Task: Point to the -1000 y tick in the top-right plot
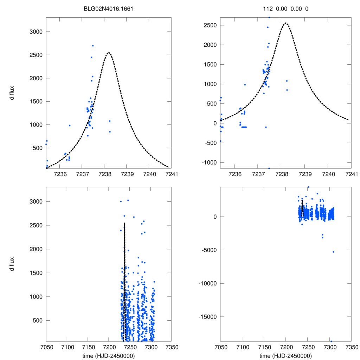[208, 162]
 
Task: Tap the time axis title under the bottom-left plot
[109, 355]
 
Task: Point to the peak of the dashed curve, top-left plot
[109, 52]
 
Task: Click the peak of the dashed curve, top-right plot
[285, 23]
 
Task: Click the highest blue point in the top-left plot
[93, 46]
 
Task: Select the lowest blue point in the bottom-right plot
[331, 341]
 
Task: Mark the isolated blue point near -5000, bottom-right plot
[333, 252]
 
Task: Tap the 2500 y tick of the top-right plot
[209, 25]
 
